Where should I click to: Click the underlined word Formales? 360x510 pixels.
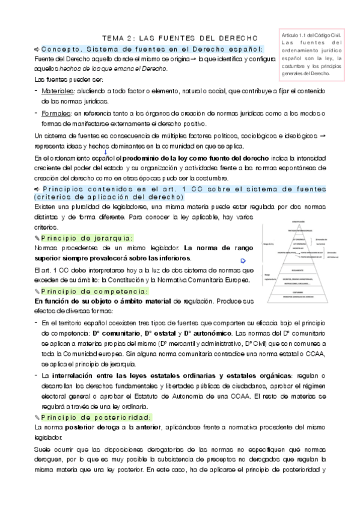coord(54,113)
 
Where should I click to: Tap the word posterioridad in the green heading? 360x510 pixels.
coord(123,417)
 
